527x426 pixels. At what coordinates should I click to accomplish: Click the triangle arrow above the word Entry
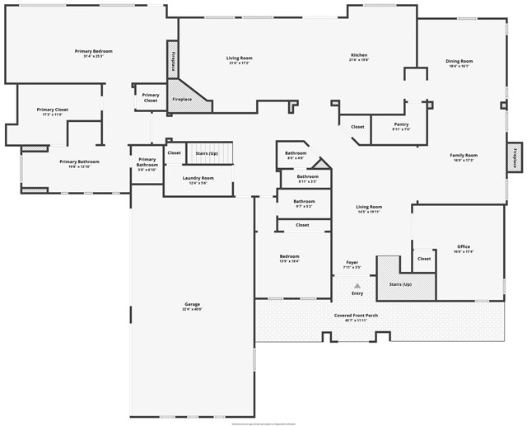tap(357, 285)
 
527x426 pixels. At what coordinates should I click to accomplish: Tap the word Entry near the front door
tap(357, 293)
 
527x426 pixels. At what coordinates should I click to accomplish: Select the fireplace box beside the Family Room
tap(515, 157)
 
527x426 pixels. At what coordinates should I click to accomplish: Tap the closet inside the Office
tap(423, 259)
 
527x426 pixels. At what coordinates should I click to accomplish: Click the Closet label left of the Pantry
tap(357, 127)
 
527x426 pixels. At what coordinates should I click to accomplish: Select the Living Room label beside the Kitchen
tap(239, 59)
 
